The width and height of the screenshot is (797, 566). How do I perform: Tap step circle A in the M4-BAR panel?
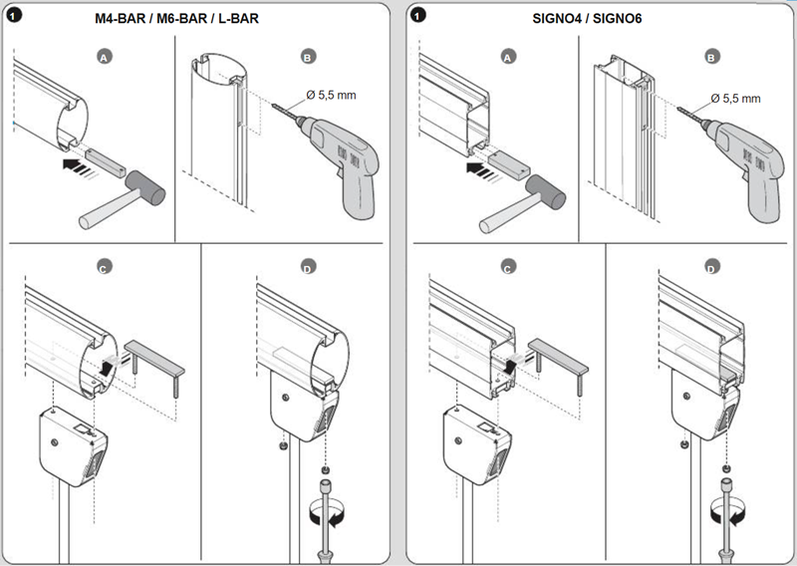click(103, 59)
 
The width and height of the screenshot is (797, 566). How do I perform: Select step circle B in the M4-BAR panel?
click(308, 59)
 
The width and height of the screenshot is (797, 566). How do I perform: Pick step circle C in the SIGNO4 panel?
click(509, 267)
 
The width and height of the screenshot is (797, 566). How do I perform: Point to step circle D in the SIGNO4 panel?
click(711, 267)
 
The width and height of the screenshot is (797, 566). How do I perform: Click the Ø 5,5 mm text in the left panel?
click(330, 96)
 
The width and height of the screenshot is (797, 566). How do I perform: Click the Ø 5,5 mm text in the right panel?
click(734, 98)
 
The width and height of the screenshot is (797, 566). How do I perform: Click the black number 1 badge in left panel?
click(15, 15)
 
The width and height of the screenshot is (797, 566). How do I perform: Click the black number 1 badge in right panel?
click(418, 15)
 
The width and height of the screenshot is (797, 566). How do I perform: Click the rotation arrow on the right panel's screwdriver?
click(727, 514)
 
